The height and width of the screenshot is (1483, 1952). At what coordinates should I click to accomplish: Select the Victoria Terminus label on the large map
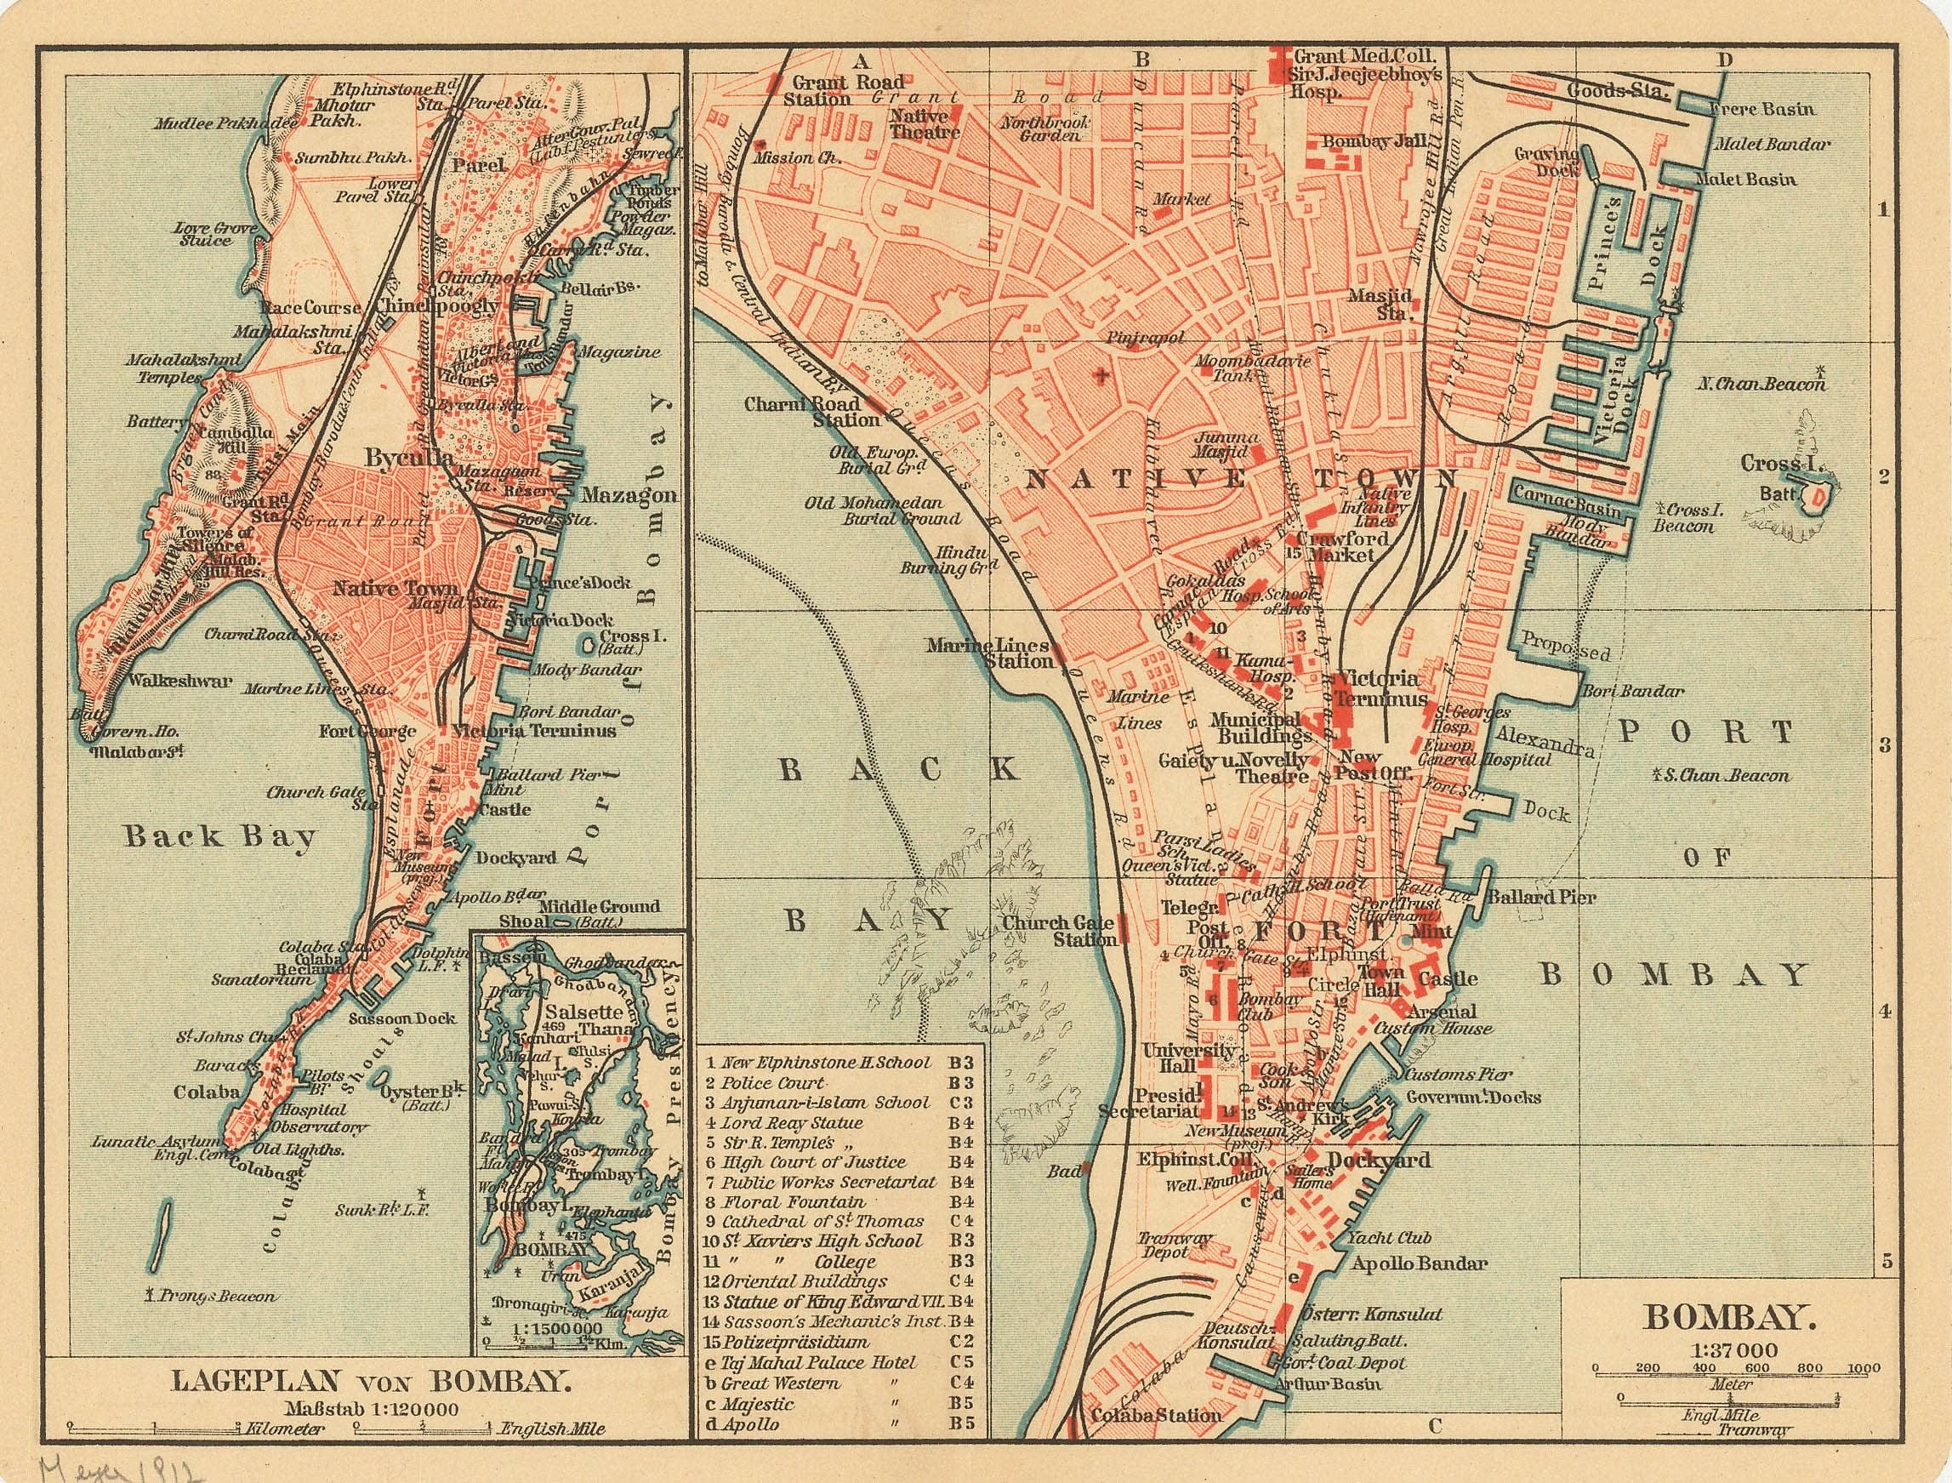pos(1381,688)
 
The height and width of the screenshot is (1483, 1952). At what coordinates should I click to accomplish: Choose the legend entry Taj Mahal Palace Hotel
pos(819,1363)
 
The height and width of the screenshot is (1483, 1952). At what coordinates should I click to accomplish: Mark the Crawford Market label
pos(1341,545)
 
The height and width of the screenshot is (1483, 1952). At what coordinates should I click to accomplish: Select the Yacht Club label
pos(1389,1238)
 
